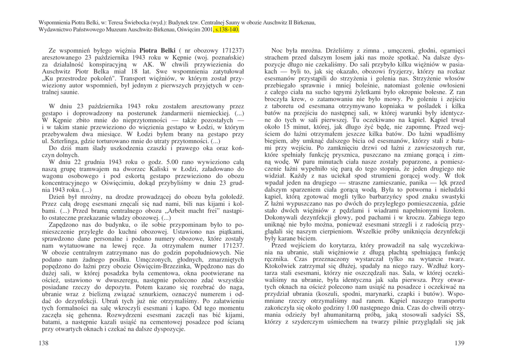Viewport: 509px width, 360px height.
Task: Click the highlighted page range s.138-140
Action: coord(227,29)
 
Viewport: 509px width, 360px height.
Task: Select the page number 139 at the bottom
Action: coord(458,344)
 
